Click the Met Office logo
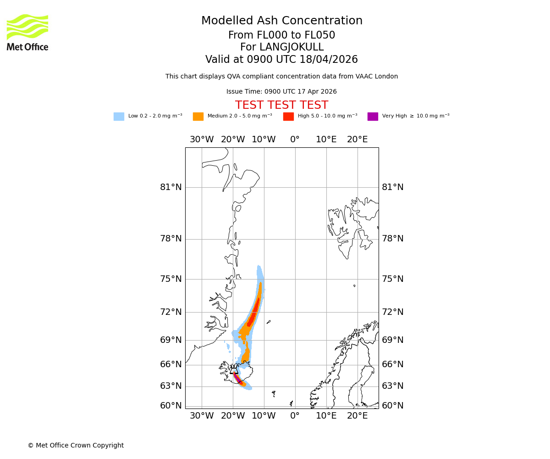[x=27, y=32]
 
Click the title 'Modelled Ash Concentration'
[x=281, y=21]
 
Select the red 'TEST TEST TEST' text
[x=281, y=106]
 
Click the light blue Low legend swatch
[x=119, y=117]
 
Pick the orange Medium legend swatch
[x=198, y=117]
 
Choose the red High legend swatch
[x=288, y=117]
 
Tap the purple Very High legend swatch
[x=373, y=117]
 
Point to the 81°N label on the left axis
[x=171, y=187]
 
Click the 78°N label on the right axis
[x=393, y=239]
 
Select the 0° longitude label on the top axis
[x=295, y=140]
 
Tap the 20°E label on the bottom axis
[x=357, y=416]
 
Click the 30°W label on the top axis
[x=202, y=140]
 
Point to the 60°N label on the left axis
[x=171, y=406]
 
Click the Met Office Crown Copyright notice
[x=76, y=446]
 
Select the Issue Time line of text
[x=281, y=92]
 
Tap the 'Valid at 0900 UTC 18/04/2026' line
[x=281, y=60]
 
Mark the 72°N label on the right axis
[x=393, y=312]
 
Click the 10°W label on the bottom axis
[x=264, y=416]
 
